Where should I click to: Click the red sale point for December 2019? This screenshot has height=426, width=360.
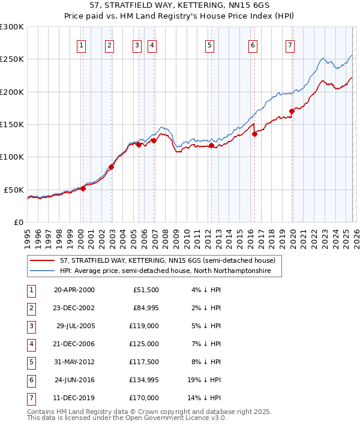tap(292, 111)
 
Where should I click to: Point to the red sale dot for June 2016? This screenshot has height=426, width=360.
tap(255, 134)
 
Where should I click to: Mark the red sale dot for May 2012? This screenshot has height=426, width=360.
tap(212, 145)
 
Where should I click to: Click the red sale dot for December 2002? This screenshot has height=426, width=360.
tap(112, 167)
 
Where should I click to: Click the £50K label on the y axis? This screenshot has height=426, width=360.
tap(14, 190)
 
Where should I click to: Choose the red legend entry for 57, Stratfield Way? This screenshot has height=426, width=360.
tap(167, 261)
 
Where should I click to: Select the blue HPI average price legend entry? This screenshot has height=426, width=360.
tap(165, 271)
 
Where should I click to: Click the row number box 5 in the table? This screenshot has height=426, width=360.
tap(30, 362)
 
